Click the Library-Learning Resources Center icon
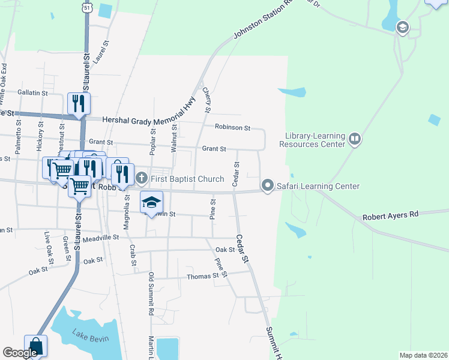click(355, 140)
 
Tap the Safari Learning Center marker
click(268, 186)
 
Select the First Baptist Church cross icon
click(141, 178)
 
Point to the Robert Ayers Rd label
click(390, 216)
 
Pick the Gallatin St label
click(33, 92)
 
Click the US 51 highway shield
click(88, 7)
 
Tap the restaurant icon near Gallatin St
click(79, 103)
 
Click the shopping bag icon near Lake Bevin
click(36, 346)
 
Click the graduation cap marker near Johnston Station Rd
click(402, 27)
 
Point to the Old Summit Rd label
click(151, 294)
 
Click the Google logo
click(20, 353)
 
